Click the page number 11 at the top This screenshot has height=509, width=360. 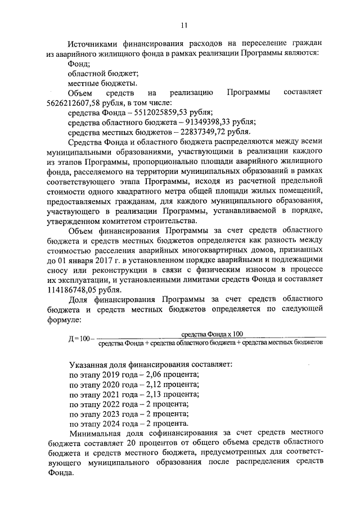pyautogui.click(x=184, y=24)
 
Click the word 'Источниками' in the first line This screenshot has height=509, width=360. pyautogui.click(x=93, y=44)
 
